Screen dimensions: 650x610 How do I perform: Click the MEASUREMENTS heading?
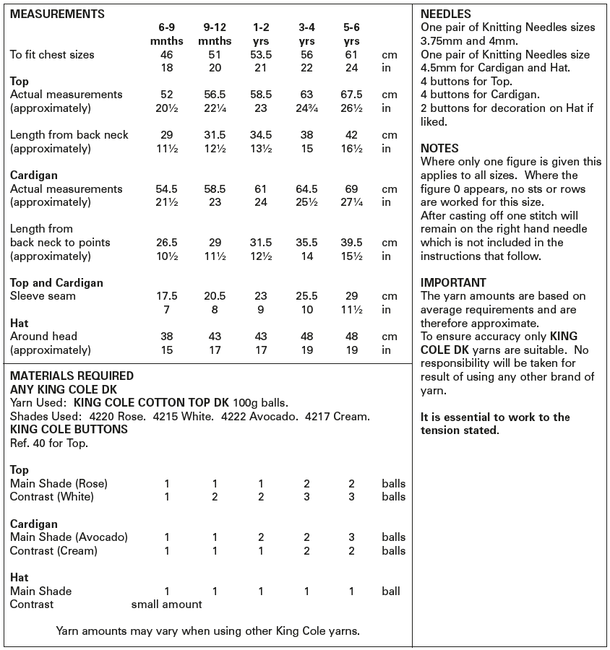coord(57,14)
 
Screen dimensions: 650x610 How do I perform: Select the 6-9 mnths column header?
coord(166,34)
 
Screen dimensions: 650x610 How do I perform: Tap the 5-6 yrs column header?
coord(351,34)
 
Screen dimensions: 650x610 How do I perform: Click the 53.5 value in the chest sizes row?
coord(261,54)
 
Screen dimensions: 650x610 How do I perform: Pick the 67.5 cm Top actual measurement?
coord(351,95)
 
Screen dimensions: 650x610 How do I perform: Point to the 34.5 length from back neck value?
coord(261,135)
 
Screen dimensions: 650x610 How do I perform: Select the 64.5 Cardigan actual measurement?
coord(306,188)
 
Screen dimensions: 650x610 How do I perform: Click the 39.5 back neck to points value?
coord(351,242)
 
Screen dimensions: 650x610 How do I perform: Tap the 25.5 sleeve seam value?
coord(306,296)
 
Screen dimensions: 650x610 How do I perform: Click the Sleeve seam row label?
coord(43,296)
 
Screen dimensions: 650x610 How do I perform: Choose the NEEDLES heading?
coord(445,14)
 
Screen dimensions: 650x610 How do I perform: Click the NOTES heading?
coord(439,148)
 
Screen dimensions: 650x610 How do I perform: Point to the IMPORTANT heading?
coord(453,282)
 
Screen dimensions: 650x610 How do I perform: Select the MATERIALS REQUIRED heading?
coord(72,376)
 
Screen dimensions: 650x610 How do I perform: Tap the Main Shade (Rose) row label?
coord(59,483)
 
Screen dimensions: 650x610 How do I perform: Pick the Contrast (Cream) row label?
coord(53,550)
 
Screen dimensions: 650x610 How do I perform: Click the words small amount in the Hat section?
coord(166,604)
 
